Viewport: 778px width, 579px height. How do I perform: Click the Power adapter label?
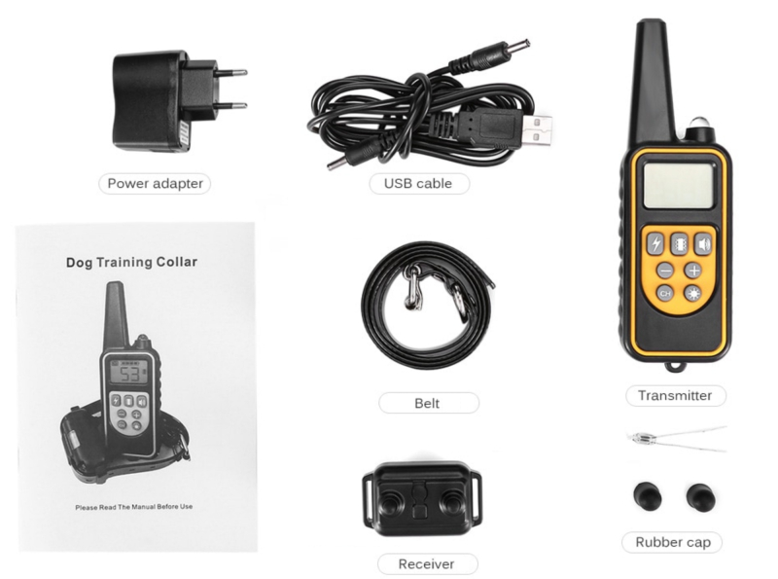[155, 183]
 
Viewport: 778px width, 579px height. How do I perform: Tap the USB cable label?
[418, 183]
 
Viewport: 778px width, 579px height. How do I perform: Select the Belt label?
[428, 403]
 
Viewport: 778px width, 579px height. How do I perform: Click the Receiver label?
[427, 564]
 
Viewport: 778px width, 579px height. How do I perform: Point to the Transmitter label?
[675, 395]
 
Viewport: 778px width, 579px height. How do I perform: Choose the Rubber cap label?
[673, 542]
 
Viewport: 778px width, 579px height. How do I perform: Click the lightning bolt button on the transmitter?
[655, 244]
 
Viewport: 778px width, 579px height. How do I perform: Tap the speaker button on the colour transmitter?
[702, 244]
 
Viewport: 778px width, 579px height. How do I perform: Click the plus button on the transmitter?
[693, 271]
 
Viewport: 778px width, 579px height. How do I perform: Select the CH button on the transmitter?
[665, 294]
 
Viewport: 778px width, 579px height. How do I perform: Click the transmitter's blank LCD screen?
[679, 186]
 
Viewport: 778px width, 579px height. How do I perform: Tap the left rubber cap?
[648, 495]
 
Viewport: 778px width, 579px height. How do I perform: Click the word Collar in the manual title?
[177, 262]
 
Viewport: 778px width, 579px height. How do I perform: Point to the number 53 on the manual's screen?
[130, 374]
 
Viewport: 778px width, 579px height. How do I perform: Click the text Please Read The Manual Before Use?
[134, 507]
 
